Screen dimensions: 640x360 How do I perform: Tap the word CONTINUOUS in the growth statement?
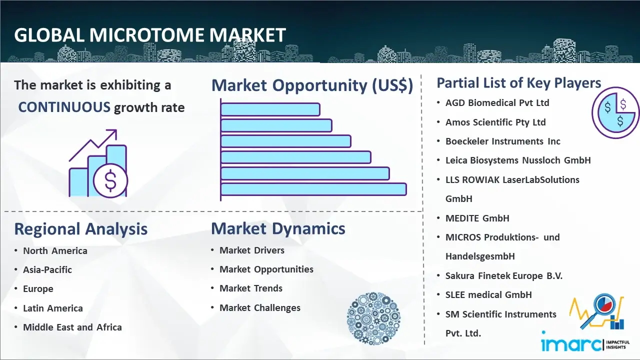point(64,107)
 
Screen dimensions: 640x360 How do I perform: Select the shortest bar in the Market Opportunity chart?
point(270,109)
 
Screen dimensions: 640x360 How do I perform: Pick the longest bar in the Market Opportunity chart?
point(313,189)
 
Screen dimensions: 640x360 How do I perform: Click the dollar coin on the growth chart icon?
point(110,180)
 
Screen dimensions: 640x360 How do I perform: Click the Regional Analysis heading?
point(81,229)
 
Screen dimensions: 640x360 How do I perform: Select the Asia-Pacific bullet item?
point(47,269)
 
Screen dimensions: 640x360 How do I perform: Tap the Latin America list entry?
point(53,308)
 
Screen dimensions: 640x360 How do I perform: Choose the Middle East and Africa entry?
point(72,327)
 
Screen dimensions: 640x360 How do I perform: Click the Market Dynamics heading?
point(278,228)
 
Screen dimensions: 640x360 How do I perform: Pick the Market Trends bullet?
point(251,288)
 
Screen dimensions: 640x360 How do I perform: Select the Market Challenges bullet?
point(260,307)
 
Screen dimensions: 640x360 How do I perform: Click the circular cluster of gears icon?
point(373,318)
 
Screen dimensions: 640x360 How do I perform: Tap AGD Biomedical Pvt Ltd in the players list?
point(497,103)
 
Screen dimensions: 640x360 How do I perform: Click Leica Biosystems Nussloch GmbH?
point(518,160)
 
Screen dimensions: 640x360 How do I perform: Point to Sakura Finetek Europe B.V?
point(504,275)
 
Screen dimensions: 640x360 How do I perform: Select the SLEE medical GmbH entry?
point(488,295)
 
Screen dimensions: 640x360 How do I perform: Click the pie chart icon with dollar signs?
point(614,113)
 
